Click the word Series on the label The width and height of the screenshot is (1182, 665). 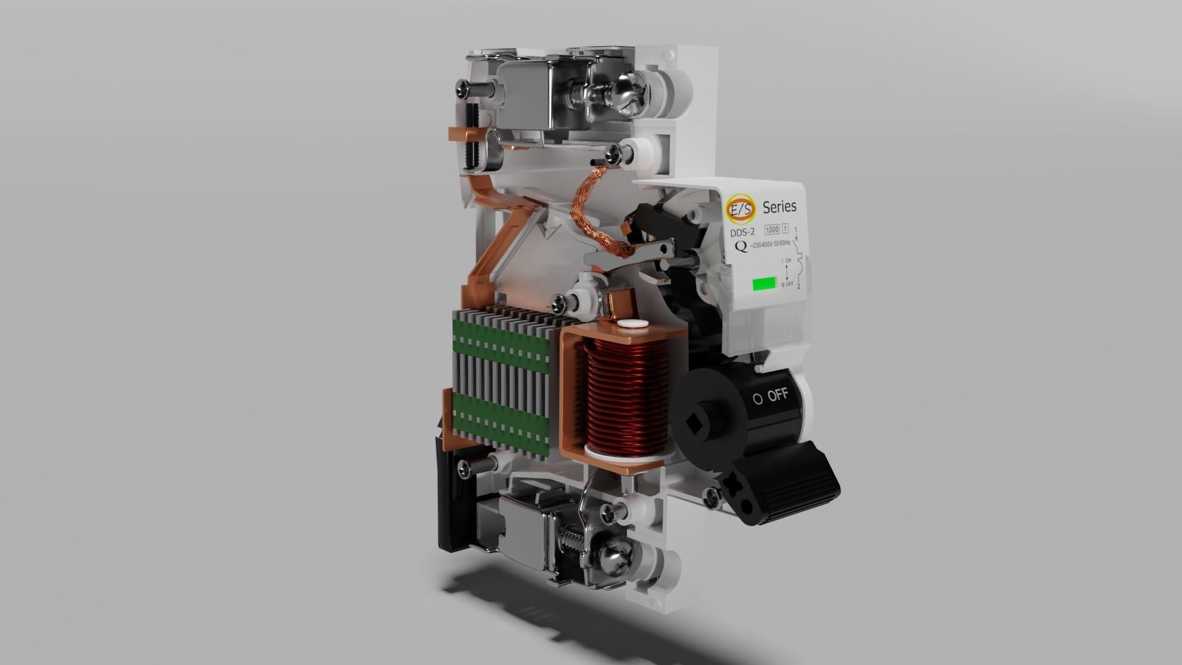click(779, 206)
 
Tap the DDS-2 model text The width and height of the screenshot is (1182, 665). click(742, 233)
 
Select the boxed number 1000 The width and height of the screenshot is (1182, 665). click(771, 230)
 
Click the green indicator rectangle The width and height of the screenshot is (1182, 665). click(764, 284)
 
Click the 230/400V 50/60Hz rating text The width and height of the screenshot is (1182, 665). click(773, 246)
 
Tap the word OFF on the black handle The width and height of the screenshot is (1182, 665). click(778, 395)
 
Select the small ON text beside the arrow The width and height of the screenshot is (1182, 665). click(788, 261)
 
